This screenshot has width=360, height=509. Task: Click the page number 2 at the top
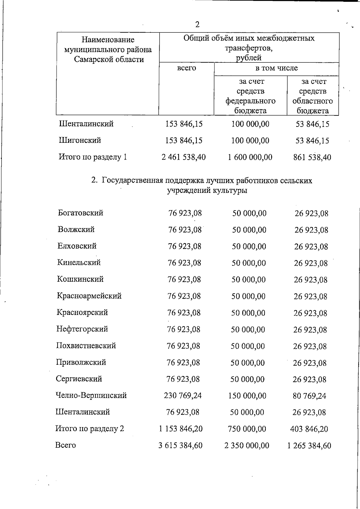click(197, 24)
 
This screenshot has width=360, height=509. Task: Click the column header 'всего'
click(186, 68)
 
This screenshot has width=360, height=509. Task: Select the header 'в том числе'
click(276, 68)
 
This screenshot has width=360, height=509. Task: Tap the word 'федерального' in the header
click(250, 101)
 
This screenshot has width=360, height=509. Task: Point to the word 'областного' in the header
click(313, 101)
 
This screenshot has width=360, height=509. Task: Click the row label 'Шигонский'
click(80, 140)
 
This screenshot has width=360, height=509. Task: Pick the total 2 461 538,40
click(184, 157)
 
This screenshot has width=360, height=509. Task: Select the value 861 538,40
click(312, 157)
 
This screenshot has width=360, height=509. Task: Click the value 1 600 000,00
click(250, 157)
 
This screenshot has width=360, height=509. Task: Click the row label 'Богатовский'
click(80, 213)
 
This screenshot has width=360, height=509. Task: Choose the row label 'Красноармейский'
click(89, 296)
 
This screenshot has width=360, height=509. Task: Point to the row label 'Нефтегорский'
click(82, 329)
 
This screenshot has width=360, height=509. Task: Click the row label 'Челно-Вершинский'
click(91, 395)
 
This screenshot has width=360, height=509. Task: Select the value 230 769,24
click(183, 396)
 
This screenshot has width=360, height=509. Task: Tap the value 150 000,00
click(247, 396)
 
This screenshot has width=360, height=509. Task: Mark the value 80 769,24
click(309, 396)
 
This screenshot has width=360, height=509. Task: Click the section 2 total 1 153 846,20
click(181, 429)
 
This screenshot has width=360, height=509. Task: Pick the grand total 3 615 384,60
click(180, 445)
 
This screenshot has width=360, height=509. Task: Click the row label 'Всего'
click(65, 445)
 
